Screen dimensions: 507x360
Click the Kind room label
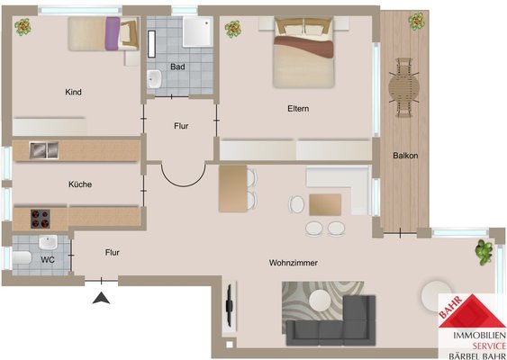pyautogui.click(x=74, y=92)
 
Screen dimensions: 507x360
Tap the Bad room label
pyautogui.click(x=177, y=67)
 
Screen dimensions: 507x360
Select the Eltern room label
pyautogui.click(x=298, y=109)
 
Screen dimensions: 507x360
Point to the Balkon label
pyautogui.click(x=405, y=156)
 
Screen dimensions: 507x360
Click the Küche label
pyautogui.click(x=80, y=184)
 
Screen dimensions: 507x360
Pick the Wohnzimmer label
pyautogui.click(x=294, y=263)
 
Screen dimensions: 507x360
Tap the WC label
pyautogui.click(x=48, y=260)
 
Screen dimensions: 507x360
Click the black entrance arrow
pyautogui.click(x=101, y=298)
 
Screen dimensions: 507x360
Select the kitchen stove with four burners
pyautogui.click(x=41, y=219)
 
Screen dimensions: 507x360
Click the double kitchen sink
pyautogui.click(x=44, y=150)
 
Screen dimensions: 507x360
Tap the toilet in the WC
pyautogui.click(x=22, y=257)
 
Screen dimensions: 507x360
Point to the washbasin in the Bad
pyautogui.click(x=155, y=79)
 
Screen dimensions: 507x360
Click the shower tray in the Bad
pyautogui.click(x=198, y=31)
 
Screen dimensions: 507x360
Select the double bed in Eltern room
pyautogui.click(x=303, y=52)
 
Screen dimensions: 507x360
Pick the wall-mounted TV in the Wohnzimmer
pyautogui.click(x=229, y=304)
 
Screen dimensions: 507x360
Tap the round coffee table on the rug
pyautogui.click(x=320, y=301)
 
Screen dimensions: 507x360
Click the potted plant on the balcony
pyautogui.click(x=416, y=22)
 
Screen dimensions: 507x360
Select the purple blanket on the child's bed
pyautogui.click(x=113, y=33)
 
